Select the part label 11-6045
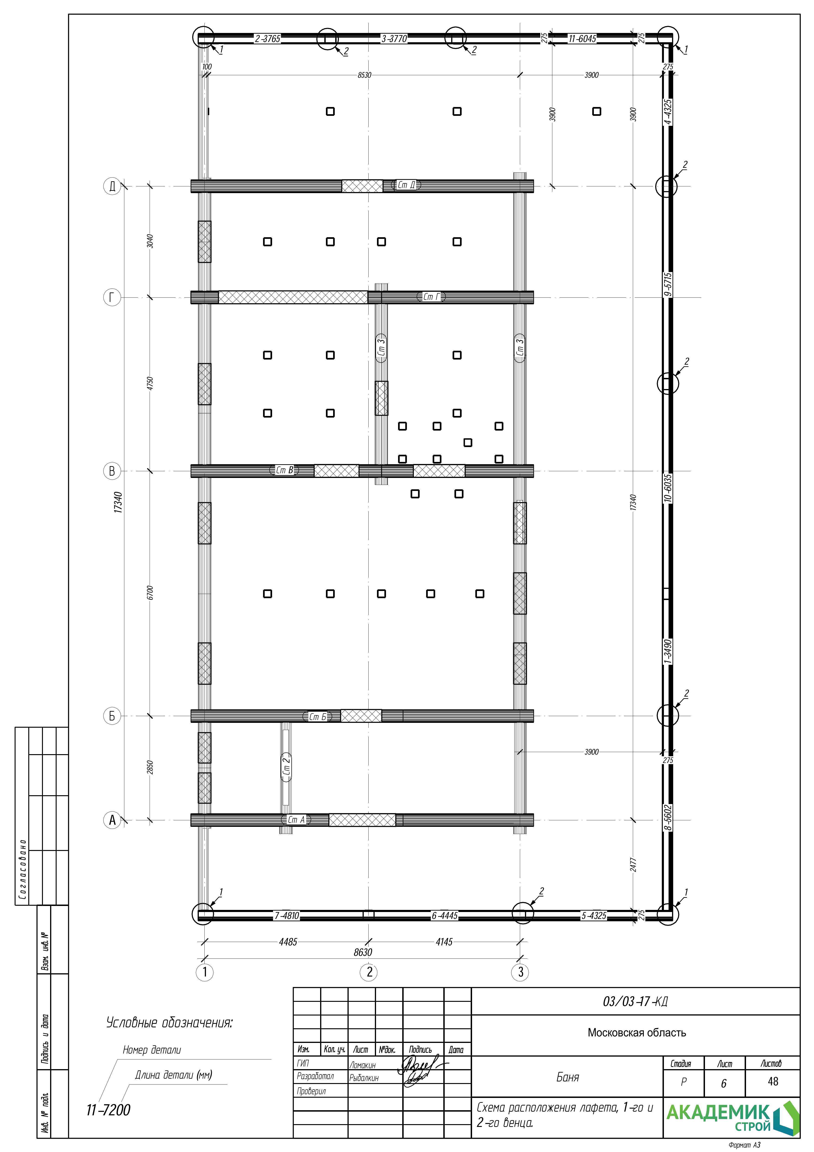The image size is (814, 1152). click(582, 39)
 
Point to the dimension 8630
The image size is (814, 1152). click(363, 952)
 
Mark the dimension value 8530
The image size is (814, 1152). click(365, 75)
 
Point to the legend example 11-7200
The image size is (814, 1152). click(108, 1110)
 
